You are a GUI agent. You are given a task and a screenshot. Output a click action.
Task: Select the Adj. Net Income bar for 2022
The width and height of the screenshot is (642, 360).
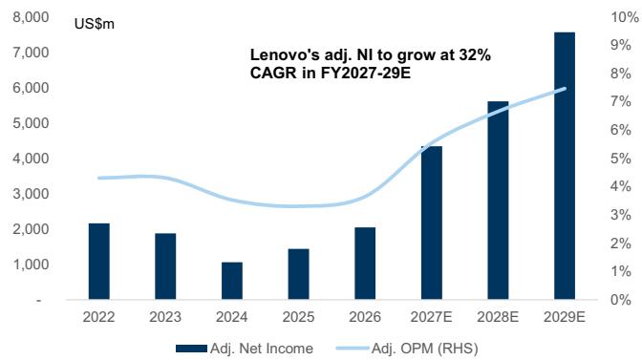click(x=99, y=262)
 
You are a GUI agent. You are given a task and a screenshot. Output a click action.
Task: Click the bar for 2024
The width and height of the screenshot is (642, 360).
click(x=232, y=281)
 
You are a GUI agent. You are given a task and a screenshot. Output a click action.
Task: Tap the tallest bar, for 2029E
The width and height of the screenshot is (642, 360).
click(x=565, y=166)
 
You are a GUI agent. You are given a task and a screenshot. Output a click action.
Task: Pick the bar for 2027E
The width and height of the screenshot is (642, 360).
click(x=432, y=222)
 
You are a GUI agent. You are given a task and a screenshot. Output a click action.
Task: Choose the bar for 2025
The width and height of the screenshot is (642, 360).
click(x=298, y=274)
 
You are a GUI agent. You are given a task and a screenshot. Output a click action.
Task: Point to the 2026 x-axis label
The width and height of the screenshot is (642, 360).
click(x=365, y=317)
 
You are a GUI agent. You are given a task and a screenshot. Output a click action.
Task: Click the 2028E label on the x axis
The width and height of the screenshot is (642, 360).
click(x=498, y=317)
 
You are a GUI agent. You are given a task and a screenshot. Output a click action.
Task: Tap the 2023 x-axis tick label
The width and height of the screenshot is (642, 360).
click(x=165, y=317)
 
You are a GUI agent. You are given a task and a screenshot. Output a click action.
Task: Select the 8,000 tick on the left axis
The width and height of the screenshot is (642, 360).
click(x=31, y=17)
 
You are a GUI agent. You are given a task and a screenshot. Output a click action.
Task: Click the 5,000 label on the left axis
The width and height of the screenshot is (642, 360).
click(x=31, y=123)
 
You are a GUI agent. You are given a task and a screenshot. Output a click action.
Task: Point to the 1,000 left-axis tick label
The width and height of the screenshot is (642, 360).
click(x=31, y=265)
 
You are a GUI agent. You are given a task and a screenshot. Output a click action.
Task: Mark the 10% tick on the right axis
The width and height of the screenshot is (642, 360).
click(x=625, y=17)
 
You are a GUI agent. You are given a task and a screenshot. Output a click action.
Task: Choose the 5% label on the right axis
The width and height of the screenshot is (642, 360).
click(x=621, y=159)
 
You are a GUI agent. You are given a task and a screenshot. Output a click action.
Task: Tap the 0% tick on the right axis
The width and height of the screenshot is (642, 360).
click(x=621, y=300)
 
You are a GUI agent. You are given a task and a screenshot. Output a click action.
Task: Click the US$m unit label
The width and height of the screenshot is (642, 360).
click(x=95, y=24)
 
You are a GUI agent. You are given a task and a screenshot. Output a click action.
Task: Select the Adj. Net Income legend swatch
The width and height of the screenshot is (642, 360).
click(x=191, y=349)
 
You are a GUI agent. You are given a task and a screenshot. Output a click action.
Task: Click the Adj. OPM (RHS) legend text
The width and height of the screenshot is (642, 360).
click(x=424, y=349)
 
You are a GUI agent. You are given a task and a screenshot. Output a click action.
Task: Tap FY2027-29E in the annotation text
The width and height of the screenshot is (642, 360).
click(x=366, y=73)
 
